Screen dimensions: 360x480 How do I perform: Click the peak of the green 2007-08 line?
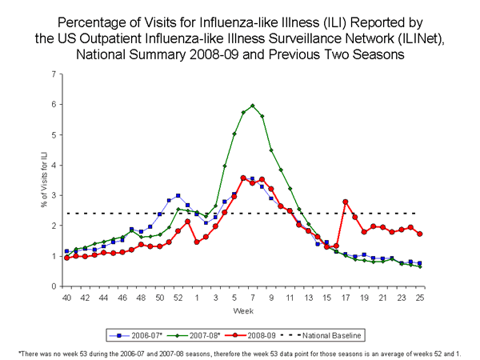[x=252, y=106]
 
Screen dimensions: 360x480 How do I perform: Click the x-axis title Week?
[x=242, y=310]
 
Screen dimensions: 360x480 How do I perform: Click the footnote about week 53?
[x=240, y=353]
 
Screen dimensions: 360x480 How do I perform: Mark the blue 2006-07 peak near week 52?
[x=178, y=196]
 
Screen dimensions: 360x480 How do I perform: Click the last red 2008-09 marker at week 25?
[x=419, y=234]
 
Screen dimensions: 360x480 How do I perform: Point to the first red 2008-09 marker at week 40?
[x=66, y=258]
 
